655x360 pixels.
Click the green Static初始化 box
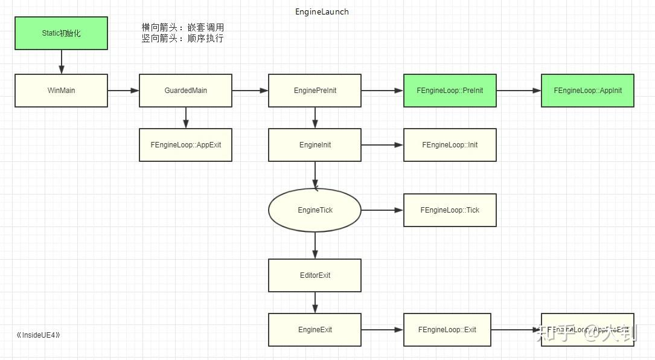pos(61,33)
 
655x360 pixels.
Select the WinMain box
pos(61,91)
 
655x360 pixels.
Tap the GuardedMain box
pos(185,91)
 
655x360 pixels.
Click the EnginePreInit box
pos(315,91)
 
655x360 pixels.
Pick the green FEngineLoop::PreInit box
pos(450,91)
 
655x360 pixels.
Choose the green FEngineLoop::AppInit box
pos(587,91)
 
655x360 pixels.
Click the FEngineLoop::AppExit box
pos(185,145)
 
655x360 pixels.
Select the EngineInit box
pos(315,145)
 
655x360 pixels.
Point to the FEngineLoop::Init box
pos(450,145)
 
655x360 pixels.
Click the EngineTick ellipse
pos(315,210)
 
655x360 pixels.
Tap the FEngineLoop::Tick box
pos(450,210)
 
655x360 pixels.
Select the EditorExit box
pos(315,275)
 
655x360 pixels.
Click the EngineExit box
pos(315,330)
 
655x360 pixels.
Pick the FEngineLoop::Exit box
pos(447,330)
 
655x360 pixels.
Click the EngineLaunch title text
pos(322,11)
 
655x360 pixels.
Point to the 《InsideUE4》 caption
pos(39,335)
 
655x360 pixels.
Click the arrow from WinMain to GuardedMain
pos(123,91)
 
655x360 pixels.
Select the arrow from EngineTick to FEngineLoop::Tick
pos(382,210)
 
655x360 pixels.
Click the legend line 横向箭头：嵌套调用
pos(182,28)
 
